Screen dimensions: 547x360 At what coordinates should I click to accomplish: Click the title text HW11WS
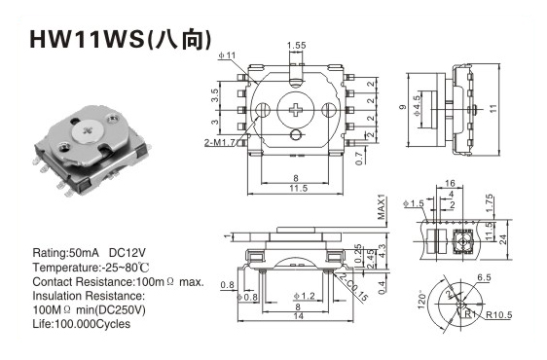(88, 39)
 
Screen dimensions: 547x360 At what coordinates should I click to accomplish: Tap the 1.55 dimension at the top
(296, 46)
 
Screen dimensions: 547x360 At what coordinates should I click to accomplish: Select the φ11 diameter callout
(227, 55)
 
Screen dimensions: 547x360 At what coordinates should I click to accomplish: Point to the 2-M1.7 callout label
(222, 142)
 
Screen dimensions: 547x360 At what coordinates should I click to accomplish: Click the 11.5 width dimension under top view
(299, 189)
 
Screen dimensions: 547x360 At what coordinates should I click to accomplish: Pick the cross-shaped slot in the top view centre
(296, 110)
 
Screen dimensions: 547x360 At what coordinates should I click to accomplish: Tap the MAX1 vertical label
(383, 207)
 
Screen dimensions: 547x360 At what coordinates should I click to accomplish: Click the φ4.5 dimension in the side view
(417, 105)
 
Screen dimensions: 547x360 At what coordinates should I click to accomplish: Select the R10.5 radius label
(499, 315)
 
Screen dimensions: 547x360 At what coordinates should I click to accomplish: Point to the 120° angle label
(421, 300)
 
